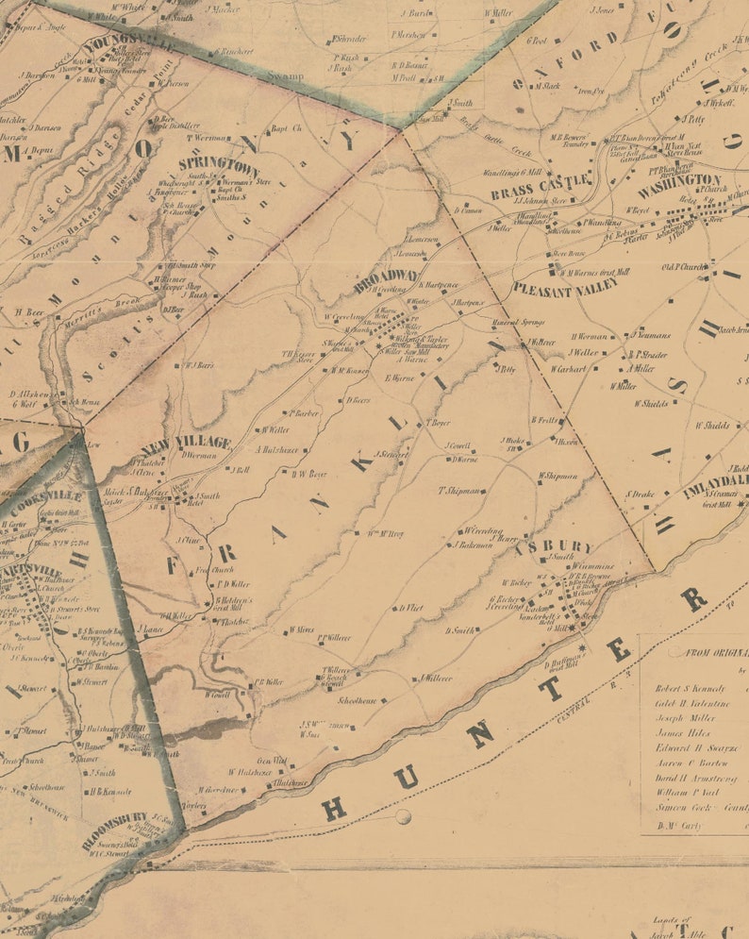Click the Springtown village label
[x=226, y=163]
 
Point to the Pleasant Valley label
[x=565, y=284]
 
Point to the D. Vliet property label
[x=411, y=608]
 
